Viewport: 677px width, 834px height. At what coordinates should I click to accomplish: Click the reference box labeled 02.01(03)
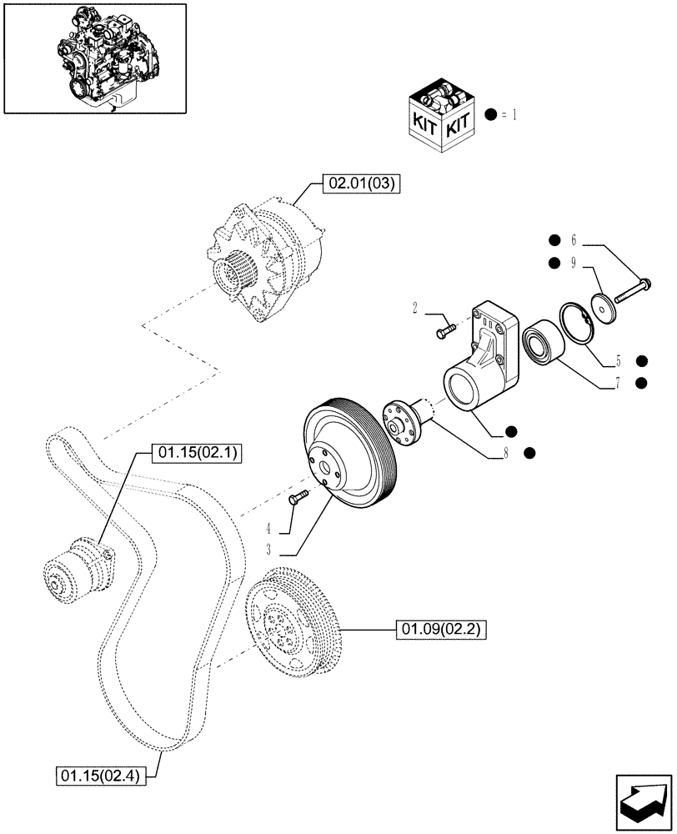pyautogui.click(x=361, y=183)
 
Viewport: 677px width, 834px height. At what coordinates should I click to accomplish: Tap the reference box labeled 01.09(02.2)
pyautogui.click(x=439, y=629)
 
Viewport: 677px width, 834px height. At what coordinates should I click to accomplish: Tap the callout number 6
pyautogui.click(x=573, y=240)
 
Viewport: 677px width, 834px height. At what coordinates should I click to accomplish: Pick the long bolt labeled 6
pyautogui.click(x=633, y=289)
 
